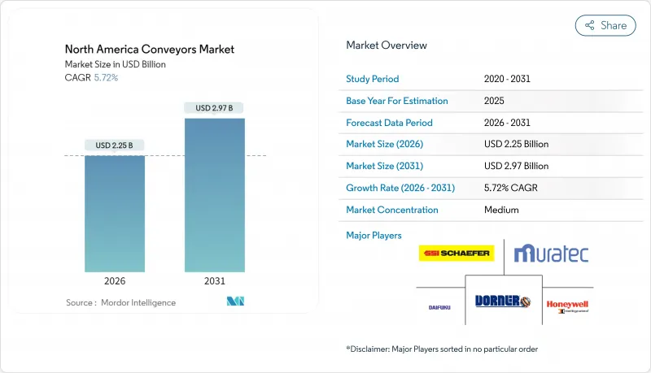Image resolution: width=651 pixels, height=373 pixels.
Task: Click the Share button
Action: tap(605, 25)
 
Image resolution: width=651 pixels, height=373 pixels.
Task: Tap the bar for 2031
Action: tap(214, 195)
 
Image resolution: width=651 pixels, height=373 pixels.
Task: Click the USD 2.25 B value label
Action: tap(115, 145)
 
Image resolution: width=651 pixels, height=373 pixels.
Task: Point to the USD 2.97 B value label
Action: tap(214, 108)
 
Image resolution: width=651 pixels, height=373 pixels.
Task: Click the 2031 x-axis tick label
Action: tap(214, 282)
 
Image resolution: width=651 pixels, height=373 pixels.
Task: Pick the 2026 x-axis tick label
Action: tap(115, 282)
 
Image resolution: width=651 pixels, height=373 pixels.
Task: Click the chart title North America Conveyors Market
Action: tap(150, 50)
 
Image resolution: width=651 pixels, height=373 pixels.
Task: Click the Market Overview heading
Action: tap(387, 46)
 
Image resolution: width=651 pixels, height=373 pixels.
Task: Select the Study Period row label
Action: tap(373, 80)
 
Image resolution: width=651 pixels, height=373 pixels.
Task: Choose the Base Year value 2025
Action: tap(494, 101)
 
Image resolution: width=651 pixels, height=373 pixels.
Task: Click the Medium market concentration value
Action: tap(501, 210)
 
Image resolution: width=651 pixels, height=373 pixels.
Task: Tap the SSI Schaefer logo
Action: tap(457, 254)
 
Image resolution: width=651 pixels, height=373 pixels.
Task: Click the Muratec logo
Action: tap(552, 254)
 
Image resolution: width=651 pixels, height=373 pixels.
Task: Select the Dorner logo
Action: tap(502, 301)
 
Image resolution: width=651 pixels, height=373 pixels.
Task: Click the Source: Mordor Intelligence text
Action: tap(120, 303)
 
